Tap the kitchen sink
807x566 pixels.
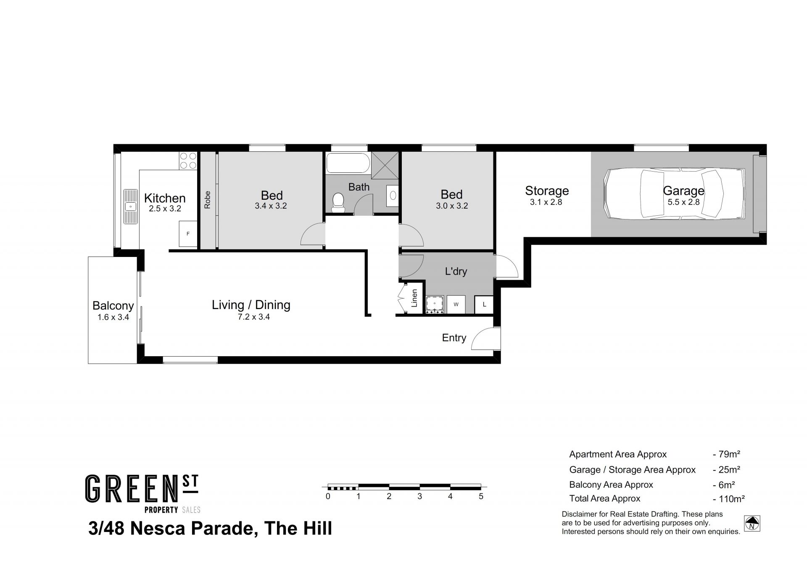[x=131, y=206]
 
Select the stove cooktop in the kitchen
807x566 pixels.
[x=188, y=160]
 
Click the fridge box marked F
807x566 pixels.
[x=188, y=233]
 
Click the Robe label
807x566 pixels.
[x=207, y=200]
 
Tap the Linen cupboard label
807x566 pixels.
[x=414, y=298]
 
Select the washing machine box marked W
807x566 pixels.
[x=456, y=304]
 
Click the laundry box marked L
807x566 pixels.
[x=484, y=304]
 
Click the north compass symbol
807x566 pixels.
[x=752, y=524]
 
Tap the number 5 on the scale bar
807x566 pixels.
[x=481, y=496]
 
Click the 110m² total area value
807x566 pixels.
[x=729, y=499]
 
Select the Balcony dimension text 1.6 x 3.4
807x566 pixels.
[x=113, y=317]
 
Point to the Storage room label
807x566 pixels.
[x=547, y=191]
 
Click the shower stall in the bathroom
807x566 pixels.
[x=385, y=165]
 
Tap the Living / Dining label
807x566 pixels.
[x=251, y=305]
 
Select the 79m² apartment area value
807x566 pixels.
[x=727, y=454]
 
